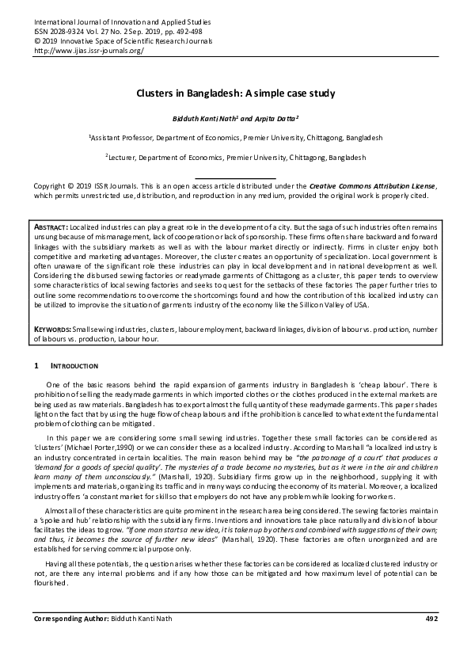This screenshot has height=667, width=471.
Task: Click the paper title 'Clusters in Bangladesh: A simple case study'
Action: point(235,93)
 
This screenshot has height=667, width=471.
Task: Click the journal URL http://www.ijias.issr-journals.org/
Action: point(89,50)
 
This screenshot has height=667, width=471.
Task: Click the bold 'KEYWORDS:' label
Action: point(53,327)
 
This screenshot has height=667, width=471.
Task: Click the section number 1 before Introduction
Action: point(36,366)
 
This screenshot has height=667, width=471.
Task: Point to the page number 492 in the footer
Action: point(431,639)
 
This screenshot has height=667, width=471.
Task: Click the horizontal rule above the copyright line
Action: point(235,177)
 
